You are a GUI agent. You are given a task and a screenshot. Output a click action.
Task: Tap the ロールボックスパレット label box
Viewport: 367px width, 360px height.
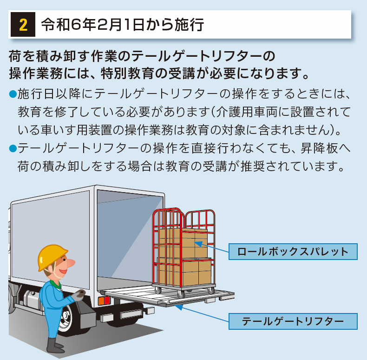[293, 252]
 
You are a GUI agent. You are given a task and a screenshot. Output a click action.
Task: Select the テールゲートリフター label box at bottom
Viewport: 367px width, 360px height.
[293, 321]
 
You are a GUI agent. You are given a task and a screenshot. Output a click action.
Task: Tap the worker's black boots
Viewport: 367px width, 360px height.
[56, 346]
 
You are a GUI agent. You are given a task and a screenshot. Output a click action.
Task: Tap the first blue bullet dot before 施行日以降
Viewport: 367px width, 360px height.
[13, 94]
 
